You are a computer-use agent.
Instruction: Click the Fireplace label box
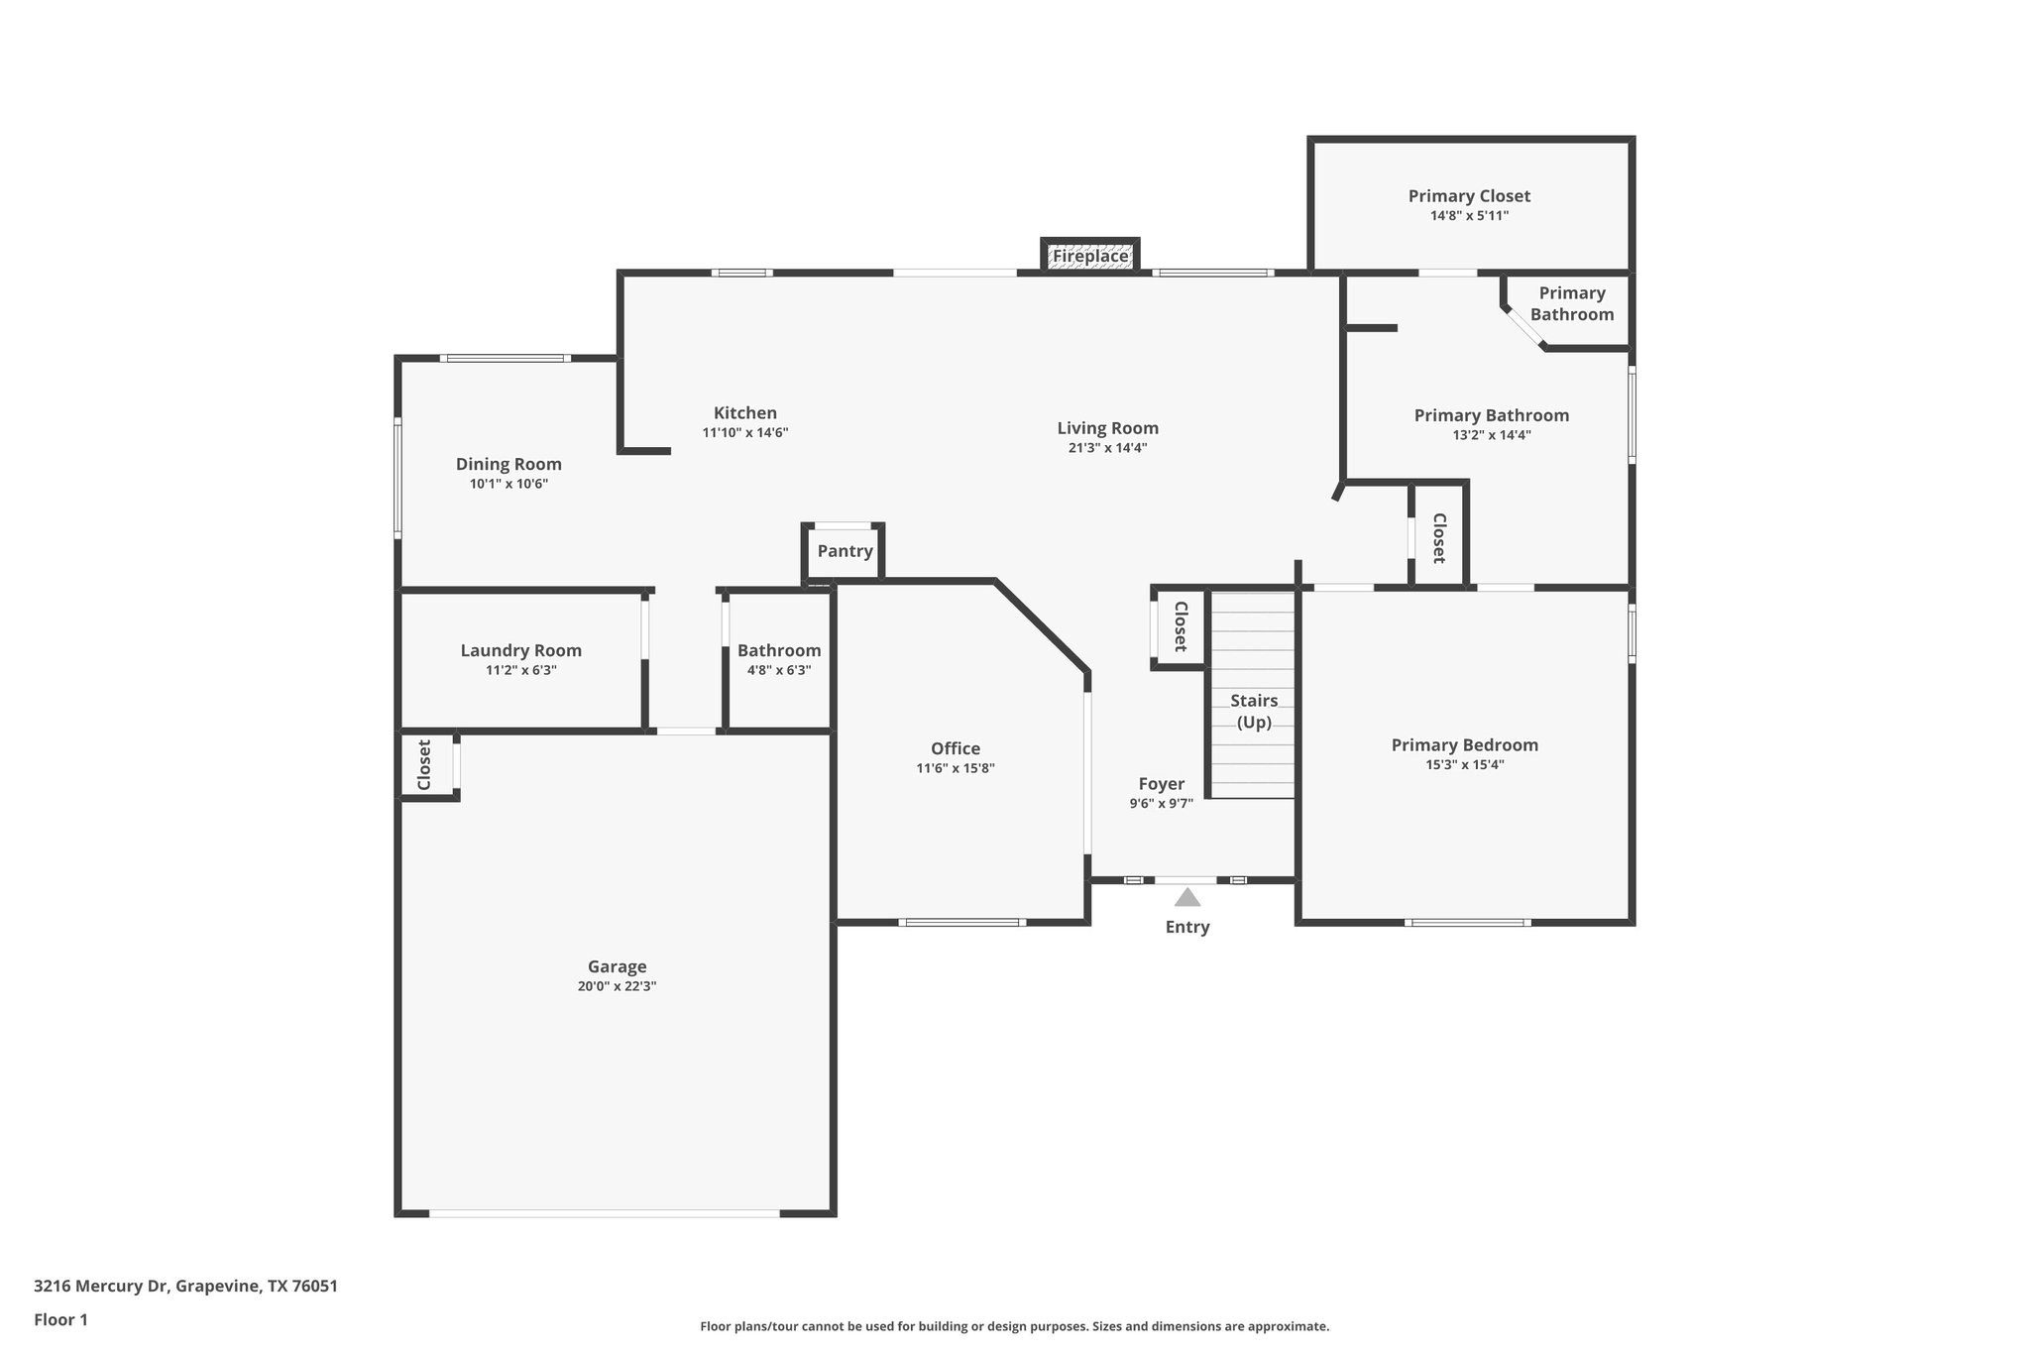point(1089,256)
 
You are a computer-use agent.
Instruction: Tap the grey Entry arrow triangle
point(1187,898)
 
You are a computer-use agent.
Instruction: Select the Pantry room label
point(845,551)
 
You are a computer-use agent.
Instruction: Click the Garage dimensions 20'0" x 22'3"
point(617,986)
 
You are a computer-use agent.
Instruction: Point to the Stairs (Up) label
point(1254,711)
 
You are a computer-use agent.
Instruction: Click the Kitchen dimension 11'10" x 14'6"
point(744,433)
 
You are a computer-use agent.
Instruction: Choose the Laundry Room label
point(520,650)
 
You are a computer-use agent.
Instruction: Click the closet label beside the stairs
point(1180,626)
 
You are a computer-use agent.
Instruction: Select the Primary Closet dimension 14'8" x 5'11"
point(1469,216)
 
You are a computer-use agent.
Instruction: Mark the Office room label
point(955,748)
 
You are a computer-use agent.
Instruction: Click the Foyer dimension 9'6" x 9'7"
point(1161,804)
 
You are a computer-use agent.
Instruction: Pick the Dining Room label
point(508,464)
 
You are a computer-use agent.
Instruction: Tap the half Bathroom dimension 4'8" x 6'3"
point(778,670)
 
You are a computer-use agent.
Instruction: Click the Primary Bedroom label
point(1464,744)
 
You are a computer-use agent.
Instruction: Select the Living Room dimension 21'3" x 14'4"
point(1107,448)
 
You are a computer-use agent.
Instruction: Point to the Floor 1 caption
point(61,1319)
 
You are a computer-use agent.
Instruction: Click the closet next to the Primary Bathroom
point(1438,537)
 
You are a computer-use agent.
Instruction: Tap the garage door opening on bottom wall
point(605,1213)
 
